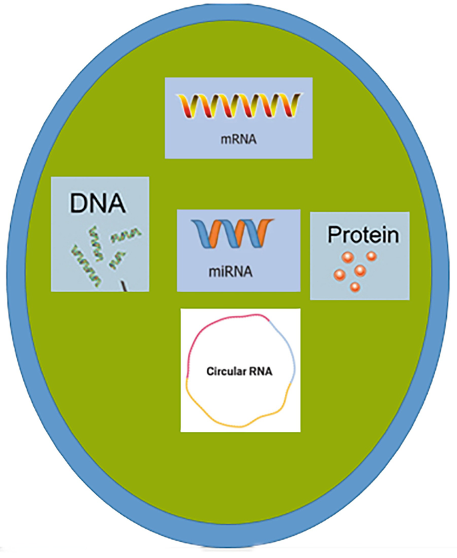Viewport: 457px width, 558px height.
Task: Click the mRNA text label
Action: (x=239, y=141)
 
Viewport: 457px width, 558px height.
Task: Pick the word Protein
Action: (x=362, y=235)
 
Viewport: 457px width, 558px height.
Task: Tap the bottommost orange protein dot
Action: (x=355, y=287)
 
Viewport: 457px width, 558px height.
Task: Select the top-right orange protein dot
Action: (x=372, y=257)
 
